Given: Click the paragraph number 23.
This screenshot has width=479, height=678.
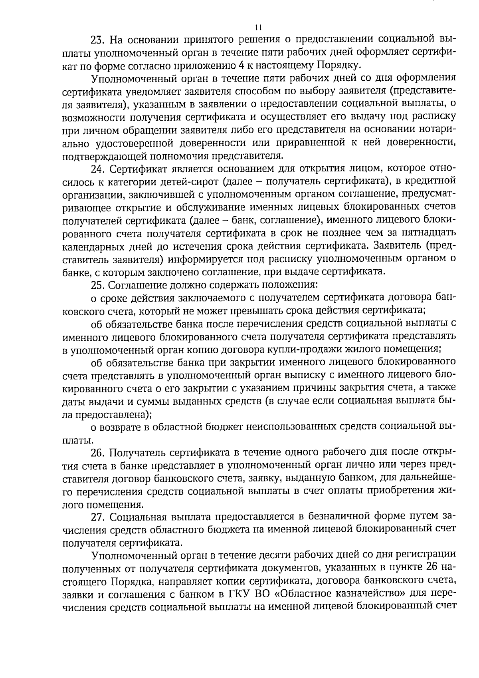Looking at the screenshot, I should (98, 40).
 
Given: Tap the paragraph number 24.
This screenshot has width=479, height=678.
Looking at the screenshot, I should (98, 169).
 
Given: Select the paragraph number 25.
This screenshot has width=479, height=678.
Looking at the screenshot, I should (98, 285).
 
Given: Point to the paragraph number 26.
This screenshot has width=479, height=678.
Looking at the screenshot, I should (98, 453).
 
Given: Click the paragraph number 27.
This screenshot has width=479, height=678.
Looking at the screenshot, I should (98, 517).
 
